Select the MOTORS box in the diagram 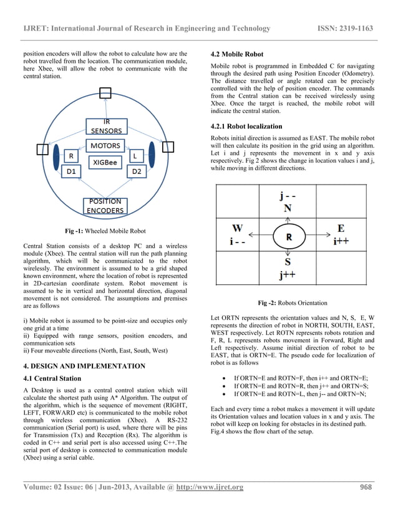click(x=105, y=146)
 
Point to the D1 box click(x=72, y=170)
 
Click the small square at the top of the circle click(x=106, y=92)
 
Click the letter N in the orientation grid click(x=288, y=208)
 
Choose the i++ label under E click(x=341, y=241)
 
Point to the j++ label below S click(x=288, y=274)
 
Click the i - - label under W click(x=237, y=241)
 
